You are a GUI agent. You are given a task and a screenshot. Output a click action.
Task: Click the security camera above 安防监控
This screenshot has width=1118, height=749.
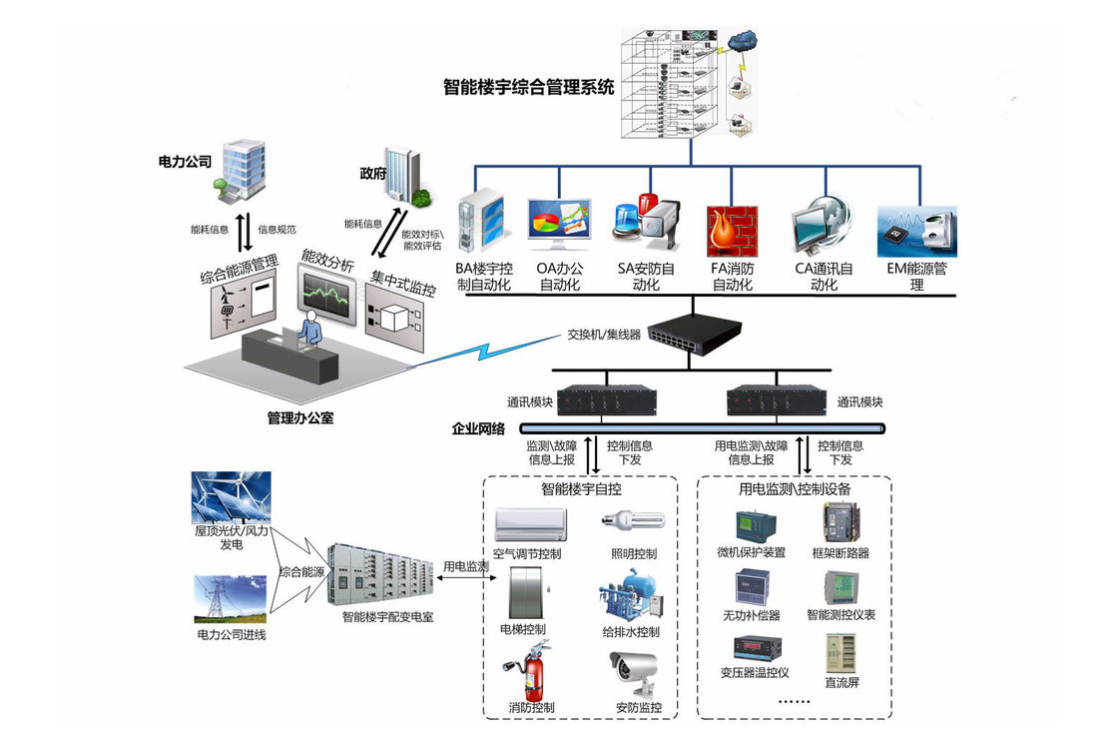coord(635,674)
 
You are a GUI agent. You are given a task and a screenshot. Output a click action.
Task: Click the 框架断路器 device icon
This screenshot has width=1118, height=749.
coord(837,522)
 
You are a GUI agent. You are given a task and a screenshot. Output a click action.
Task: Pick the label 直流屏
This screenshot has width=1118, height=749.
coord(841,683)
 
